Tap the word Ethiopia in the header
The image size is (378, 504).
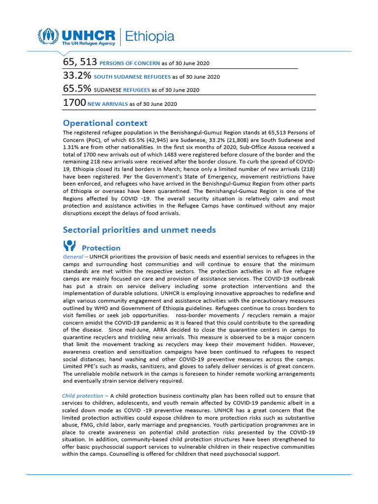(x=150, y=36)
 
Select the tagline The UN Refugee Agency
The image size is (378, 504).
(x=88, y=44)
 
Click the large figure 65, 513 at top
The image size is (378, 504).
(x=80, y=62)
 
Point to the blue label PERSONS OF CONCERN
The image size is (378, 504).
(x=129, y=63)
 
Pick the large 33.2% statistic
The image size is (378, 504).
(x=77, y=76)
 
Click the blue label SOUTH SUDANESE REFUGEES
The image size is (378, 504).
(x=132, y=77)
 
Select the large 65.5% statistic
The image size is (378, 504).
(x=77, y=89)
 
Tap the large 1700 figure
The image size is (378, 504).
(x=74, y=103)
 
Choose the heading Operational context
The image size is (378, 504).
(x=105, y=123)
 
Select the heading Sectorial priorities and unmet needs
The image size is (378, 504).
(x=139, y=230)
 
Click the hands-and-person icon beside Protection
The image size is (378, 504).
(x=69, y=246)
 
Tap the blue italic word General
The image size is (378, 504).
(x=72, y=257)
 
